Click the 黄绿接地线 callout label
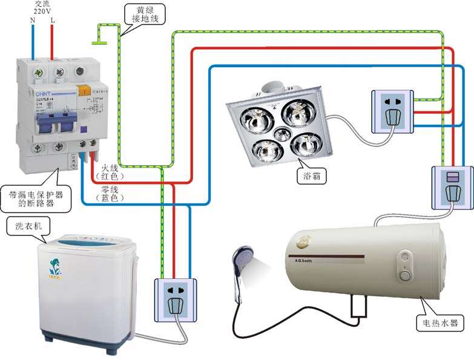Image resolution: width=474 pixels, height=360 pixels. (x=144, y=15)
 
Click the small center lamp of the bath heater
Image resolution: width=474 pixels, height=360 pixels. (x=282, y=133)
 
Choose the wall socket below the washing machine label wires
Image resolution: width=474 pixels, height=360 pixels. (x=176, y=299)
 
